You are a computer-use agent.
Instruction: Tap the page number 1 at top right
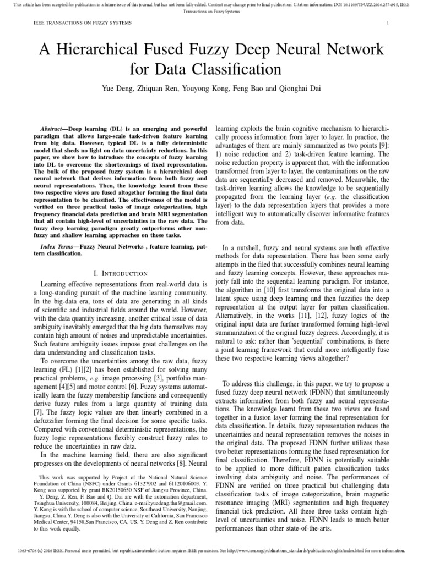coord(388,23)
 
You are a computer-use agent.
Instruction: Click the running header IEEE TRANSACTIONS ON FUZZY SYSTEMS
coord(75,23)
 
